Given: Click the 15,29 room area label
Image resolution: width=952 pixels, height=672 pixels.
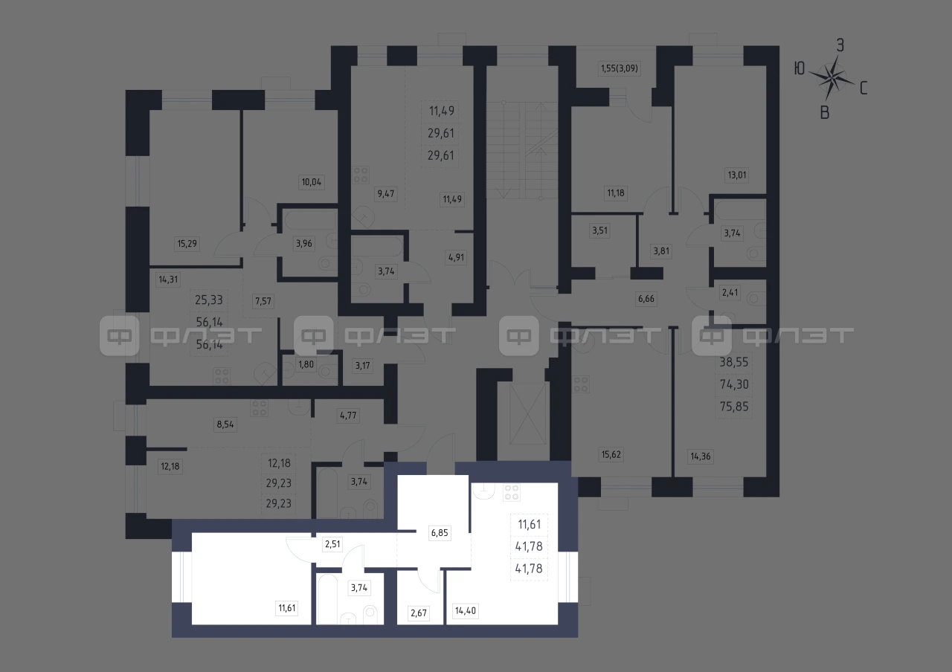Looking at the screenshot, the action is click(x=187, y=243).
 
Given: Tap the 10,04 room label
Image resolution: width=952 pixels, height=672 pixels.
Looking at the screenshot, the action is click(x=311, y=182).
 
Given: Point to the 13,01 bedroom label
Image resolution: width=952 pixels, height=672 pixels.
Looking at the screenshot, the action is click(x=736, y=175).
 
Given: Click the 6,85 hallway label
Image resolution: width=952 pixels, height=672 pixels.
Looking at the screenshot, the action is click(x=440, y=533).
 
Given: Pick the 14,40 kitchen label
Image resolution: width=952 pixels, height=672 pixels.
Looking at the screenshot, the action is click(x=466, y=611).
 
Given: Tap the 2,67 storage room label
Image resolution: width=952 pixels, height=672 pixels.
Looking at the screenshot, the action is click(x=419, y=613).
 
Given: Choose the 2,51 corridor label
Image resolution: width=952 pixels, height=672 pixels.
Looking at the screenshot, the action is click(x=332, y=544).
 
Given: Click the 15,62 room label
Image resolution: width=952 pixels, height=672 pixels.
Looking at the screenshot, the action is click(x=611, y=454).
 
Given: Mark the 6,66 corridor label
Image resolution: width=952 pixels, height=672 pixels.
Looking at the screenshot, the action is click(x=646, y=299).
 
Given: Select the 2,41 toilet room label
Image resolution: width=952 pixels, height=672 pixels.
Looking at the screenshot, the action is click(x=730, y=292).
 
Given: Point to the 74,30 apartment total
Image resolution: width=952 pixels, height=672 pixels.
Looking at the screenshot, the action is click(x=734, y=384).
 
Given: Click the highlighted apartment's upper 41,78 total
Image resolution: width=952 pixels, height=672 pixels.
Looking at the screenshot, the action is click(x=529, y=546).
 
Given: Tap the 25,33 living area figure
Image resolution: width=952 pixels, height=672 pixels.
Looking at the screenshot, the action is click(x=209, y=300).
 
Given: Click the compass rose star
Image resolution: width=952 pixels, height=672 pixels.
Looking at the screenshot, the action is click(x=832, y=78).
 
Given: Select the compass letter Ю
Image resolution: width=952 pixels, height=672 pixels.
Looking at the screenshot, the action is click(x=800, y=68).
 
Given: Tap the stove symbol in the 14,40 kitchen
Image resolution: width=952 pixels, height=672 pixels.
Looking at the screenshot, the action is click(x=511, y=492).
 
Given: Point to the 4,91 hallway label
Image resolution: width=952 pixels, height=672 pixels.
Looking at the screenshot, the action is click(x=456, y=257).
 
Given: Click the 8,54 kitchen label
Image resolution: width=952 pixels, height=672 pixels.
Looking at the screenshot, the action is click(x=225, y=424).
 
